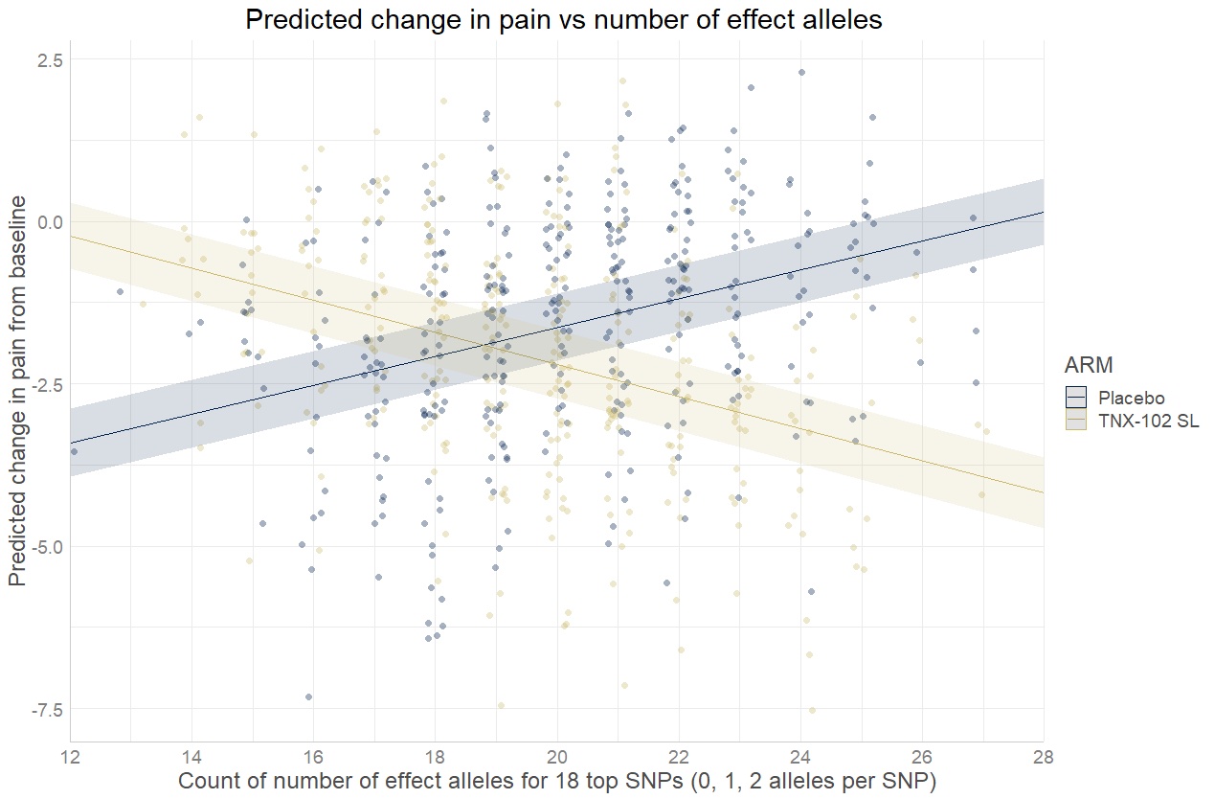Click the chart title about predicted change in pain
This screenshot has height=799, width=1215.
(x=563, y=20)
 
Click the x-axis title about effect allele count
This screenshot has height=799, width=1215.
(x=556, y=780)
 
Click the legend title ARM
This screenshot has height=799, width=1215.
(x=1088, y=365)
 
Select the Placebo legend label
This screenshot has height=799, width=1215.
(x=1132, y=398)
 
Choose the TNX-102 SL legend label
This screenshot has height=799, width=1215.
(x=1148, y=422)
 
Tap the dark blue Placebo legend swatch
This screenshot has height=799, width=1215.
(x=1077, y=398)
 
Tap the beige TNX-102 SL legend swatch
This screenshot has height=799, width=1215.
(x=1077, y=422)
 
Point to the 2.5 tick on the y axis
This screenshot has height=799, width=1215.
(x=47, y=60)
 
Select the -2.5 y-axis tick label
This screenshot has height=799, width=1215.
(x=44, y=385)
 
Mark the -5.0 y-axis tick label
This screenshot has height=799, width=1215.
(x=44, y=547)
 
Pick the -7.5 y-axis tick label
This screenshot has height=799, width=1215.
(x=44, y=710)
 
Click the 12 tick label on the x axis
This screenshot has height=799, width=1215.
(x=70, y=757)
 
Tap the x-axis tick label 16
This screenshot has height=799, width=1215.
(x=313, y=757)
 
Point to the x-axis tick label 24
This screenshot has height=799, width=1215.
(x=800, y=757)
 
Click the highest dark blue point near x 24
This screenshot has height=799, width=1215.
(x=801, y=72)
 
